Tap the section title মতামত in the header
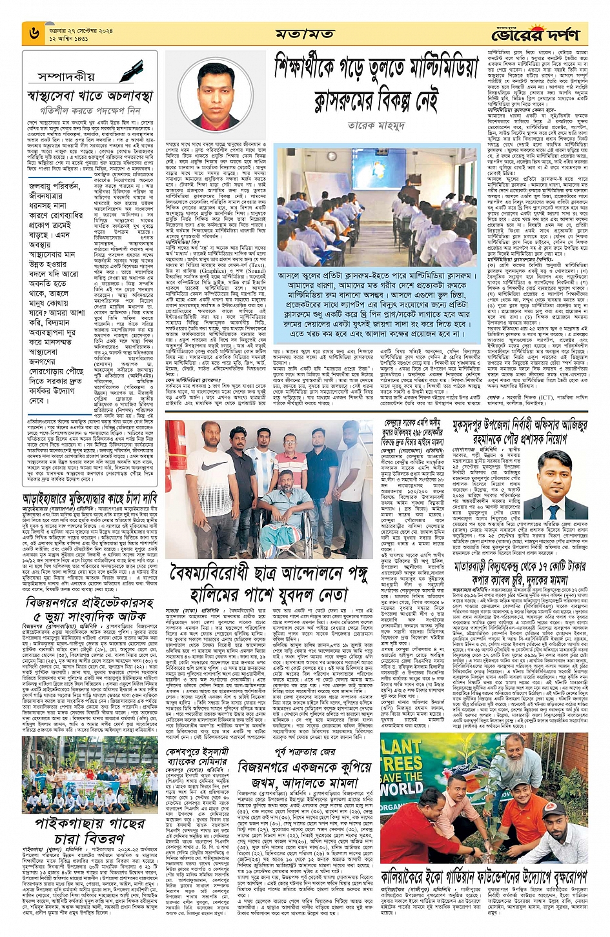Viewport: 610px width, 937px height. click(304, 34)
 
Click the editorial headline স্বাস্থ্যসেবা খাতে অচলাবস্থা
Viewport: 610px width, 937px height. click(90, 97)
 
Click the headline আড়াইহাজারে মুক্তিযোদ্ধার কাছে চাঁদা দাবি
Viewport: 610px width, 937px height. click(90, 499)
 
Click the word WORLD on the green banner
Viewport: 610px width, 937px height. click(401, 788)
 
